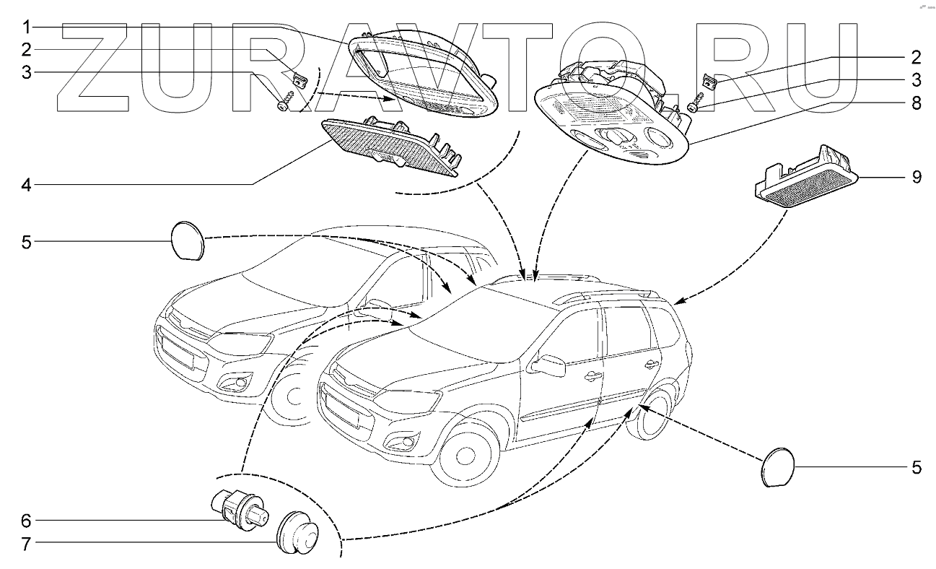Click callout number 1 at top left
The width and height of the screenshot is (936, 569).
tap(26, 28)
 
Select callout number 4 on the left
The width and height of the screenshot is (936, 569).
tap(26, 186)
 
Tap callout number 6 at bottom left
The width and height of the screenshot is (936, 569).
tap(26, 520)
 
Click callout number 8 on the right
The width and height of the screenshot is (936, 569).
tap(915, 103)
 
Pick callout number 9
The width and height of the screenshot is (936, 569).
tap(915, 177)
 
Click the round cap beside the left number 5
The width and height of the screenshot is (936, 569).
tap(188, 240)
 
